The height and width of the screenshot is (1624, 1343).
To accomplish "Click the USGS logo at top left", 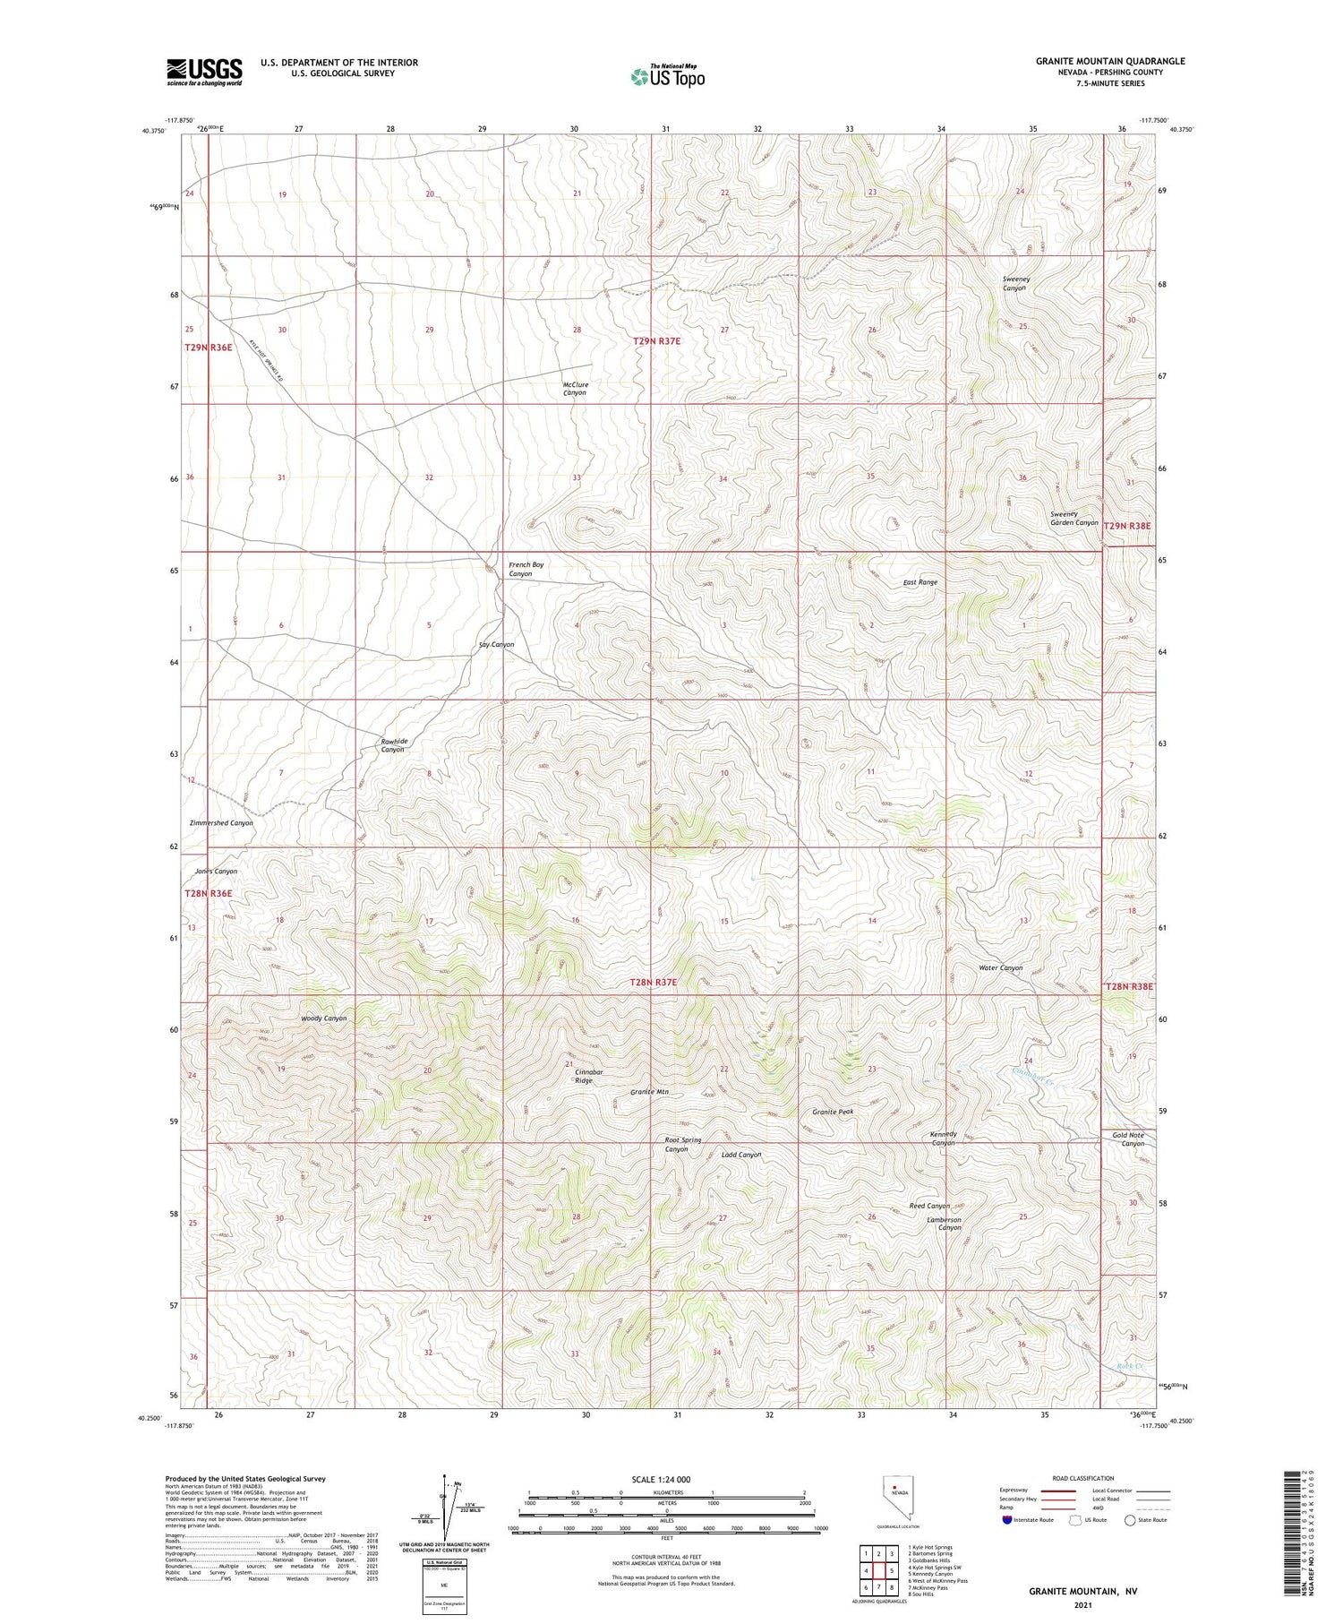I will coord(204,72).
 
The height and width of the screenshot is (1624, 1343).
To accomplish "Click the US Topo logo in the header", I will coord(668,76).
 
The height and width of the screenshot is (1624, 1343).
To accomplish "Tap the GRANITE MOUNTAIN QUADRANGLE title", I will coord(1109,61).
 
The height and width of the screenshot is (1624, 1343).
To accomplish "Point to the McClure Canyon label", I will coord(575,389).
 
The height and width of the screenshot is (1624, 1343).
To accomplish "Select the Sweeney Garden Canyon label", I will coord(1074,518).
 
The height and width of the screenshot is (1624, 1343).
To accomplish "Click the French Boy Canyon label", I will coord(526,569).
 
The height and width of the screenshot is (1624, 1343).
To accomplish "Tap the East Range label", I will coord(920,582).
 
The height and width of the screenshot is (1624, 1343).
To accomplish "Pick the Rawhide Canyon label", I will coord(394,744).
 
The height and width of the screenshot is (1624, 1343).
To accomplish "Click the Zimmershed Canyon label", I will coord(221,822).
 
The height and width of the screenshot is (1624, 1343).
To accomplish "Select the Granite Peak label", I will coord(833,1112).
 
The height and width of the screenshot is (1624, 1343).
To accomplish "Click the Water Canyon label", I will coord(1000,967).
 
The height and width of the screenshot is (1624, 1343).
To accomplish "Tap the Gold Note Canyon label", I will coord(1128,1139).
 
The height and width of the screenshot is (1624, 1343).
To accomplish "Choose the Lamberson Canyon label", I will coord(944,1224).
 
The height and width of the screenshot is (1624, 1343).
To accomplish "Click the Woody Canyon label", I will coord(323,1018).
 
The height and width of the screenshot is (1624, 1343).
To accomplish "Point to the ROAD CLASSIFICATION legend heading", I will coord(1083,1478).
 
